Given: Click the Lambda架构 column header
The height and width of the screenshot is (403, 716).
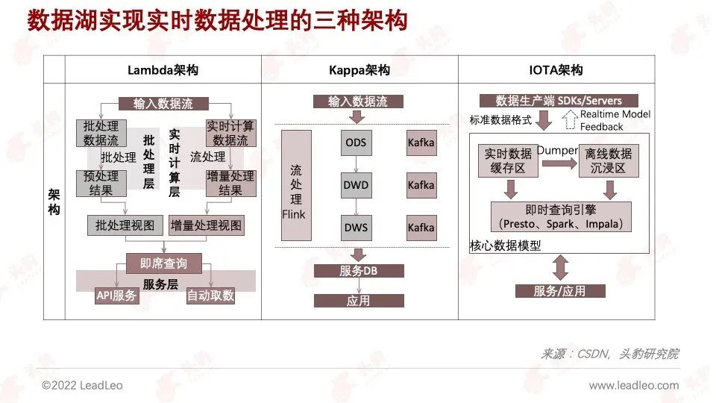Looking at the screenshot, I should click(163, 70).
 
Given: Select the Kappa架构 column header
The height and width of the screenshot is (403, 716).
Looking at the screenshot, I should click(359, 70).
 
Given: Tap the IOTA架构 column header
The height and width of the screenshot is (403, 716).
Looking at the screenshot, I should click(556, 70).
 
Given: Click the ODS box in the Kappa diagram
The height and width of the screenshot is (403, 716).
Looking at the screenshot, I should click(357, 143).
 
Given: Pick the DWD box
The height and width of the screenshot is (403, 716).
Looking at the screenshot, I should click(357, 185).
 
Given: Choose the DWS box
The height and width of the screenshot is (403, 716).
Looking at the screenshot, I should click(357, 228).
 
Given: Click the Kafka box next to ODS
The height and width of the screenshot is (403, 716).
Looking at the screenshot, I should click(421, 143).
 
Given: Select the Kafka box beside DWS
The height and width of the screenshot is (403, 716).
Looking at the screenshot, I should click(421, 228).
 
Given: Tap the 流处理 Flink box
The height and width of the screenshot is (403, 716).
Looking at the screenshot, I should click(296, 185).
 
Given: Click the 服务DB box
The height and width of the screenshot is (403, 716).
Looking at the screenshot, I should click(359, 271).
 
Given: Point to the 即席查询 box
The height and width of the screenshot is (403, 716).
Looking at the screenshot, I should click(163, 263).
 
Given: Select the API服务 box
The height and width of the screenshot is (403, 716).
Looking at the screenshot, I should click(117, 296).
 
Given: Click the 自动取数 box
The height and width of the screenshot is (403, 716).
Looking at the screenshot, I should click(210, 296).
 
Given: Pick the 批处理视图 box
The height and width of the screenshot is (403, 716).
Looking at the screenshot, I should click(125, 225).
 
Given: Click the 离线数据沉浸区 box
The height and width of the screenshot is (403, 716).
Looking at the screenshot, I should click(609, 160).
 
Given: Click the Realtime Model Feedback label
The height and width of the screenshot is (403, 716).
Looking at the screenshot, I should click(615, 120).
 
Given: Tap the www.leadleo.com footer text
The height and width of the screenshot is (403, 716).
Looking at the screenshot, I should click(634, 386).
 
